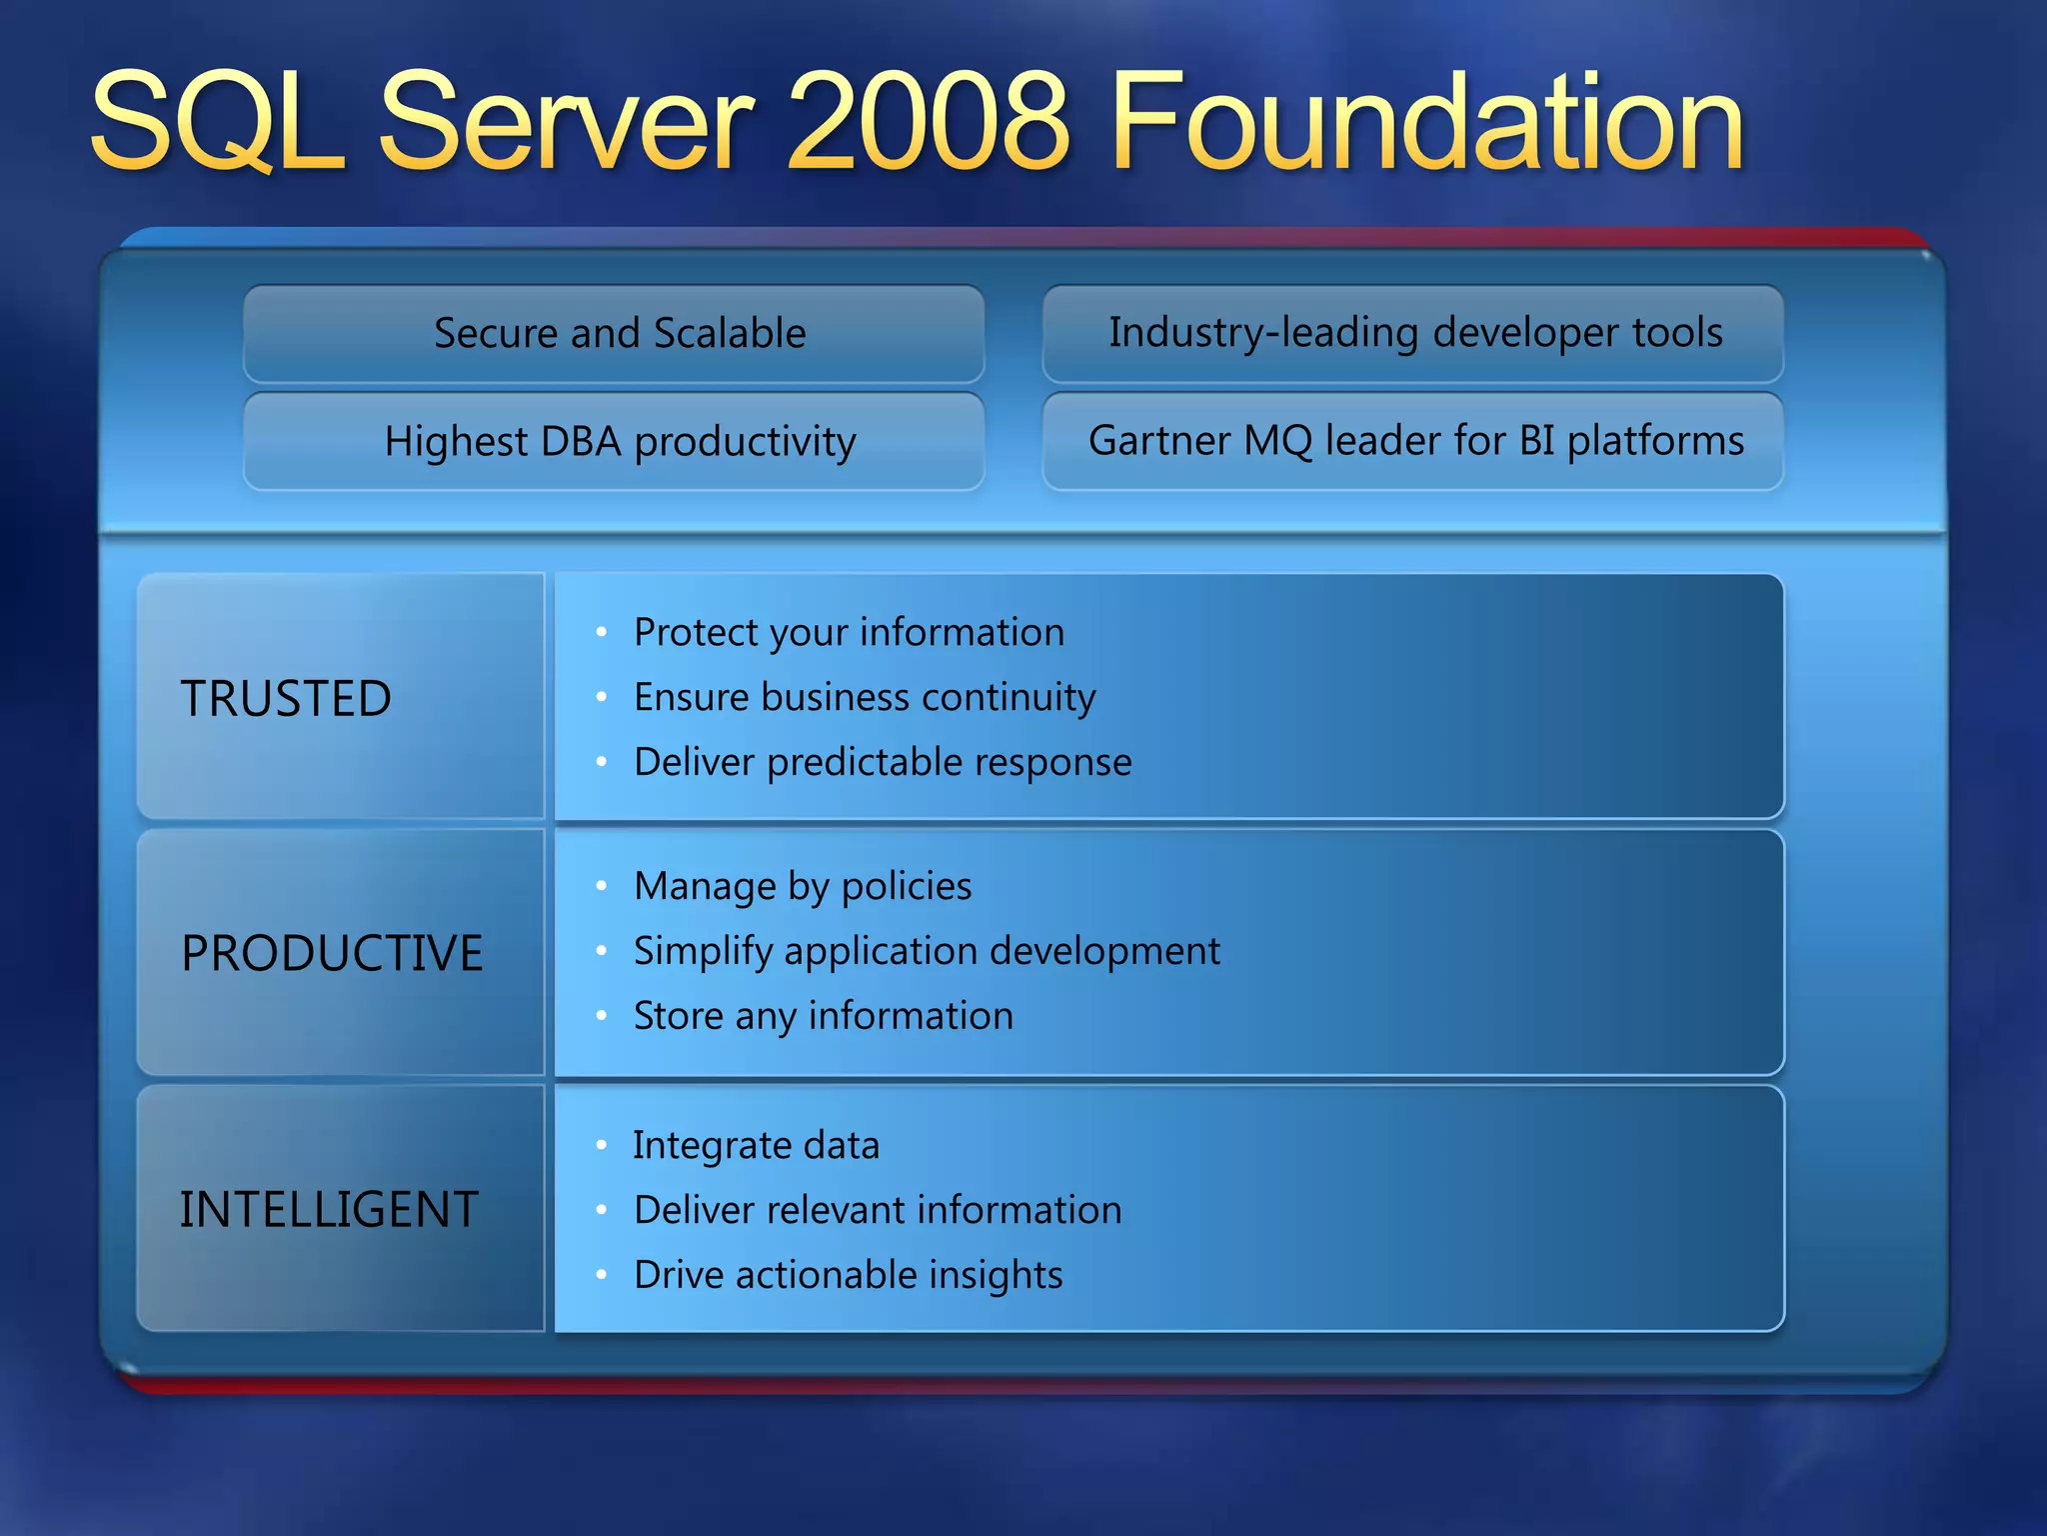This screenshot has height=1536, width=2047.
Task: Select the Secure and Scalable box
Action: (x=614, y=333)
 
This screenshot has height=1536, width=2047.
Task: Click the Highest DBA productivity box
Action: (x=614, y=441)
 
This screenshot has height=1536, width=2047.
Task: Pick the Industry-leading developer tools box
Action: (x=1413, y=333)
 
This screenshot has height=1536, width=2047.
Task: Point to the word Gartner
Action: (x=1158, y=441)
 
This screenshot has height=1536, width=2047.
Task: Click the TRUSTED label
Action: (x=286, y=698)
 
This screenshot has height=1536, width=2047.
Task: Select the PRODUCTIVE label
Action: (x=332, y=953)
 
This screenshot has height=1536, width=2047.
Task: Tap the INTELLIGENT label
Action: (x=329, y=1209)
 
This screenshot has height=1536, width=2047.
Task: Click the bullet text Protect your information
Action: (x=849, y=632)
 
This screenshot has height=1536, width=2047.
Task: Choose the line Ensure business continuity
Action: (x=865, y=697)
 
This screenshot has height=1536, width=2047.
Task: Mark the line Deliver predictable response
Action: (x=883, y=762)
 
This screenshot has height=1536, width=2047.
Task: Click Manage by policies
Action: (x=803, y=886)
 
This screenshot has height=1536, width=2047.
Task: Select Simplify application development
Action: (x=927, y=951)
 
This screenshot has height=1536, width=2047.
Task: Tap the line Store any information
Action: (x=824, y=1016)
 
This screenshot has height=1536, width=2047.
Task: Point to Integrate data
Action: (x=757, y=1145)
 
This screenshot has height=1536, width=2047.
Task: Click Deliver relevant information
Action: (x=878, y=1210)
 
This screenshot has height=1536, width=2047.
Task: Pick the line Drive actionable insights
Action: (x=849, y=1275)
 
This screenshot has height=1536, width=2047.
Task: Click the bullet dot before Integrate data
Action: (x=601, y=1145)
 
